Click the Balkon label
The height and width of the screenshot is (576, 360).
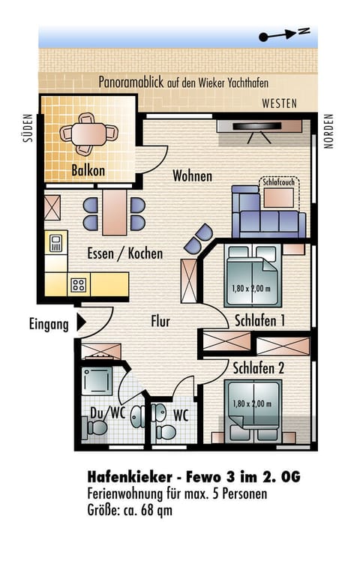[88, 170]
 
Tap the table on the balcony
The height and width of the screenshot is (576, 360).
[89, 134]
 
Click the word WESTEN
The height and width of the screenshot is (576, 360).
[279, 103]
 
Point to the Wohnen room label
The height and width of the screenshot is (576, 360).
[193, 176]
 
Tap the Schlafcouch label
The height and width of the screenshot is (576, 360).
[279, 181]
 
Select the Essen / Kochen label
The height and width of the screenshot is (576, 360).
[125, 253]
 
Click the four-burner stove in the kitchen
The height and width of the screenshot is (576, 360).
[79, 284]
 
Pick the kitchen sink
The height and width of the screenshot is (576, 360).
[55, 242]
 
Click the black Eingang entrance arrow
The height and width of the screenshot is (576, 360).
[81, 323]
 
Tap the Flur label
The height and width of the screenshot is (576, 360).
[160, 321]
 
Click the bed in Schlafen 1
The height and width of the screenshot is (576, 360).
[253, 276]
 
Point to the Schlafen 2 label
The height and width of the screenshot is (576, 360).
[259, 368]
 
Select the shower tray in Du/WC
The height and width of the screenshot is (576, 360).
[97, 381]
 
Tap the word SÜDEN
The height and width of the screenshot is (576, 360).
[28, 127]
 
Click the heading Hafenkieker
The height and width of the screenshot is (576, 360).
[130, 477]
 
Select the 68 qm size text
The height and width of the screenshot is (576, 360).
[157, 510]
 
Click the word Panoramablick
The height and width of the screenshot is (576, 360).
[130, 82]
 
